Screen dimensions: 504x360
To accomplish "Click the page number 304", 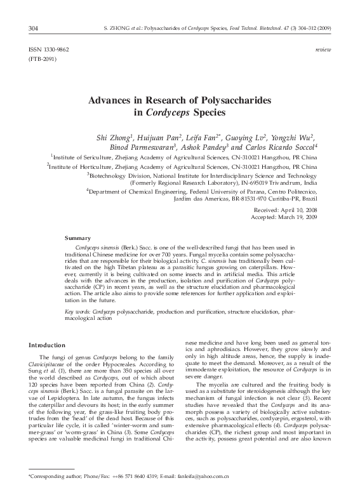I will (34, 28).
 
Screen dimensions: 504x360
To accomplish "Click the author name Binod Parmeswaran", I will (152, 147).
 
